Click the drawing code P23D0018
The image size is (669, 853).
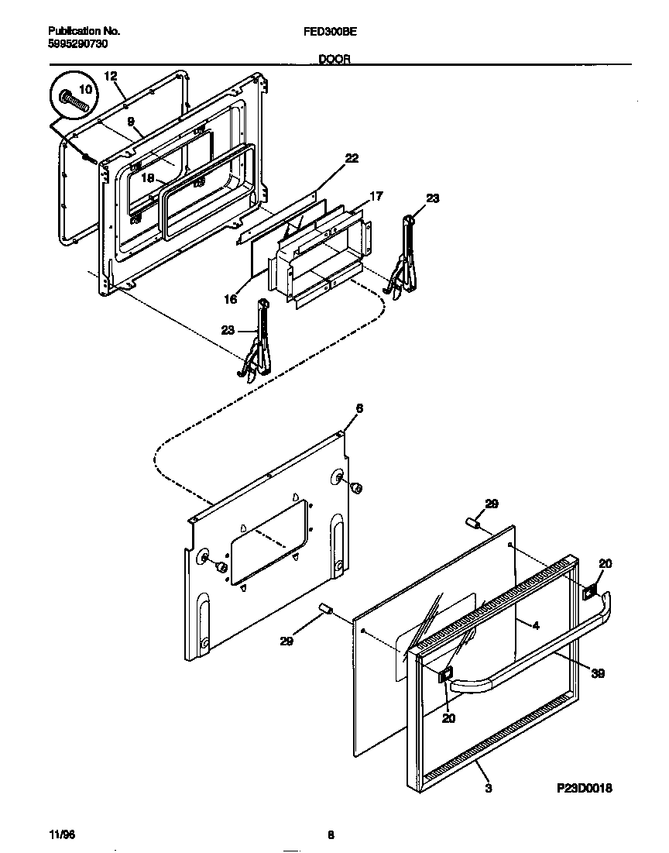[x=585, y=789]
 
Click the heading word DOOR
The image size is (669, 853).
[x=334, y=59]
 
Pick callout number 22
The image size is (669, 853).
[x=352, y=158]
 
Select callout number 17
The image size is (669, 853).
[x=376, y=197]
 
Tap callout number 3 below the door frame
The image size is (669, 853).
[x=488, y=789]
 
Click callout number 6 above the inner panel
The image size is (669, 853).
[x=359, y=408]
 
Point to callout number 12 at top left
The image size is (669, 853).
[x=110, y=76]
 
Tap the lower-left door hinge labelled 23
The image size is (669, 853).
[x=258, y=341]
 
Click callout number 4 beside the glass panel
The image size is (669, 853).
[x=534, y=625]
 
